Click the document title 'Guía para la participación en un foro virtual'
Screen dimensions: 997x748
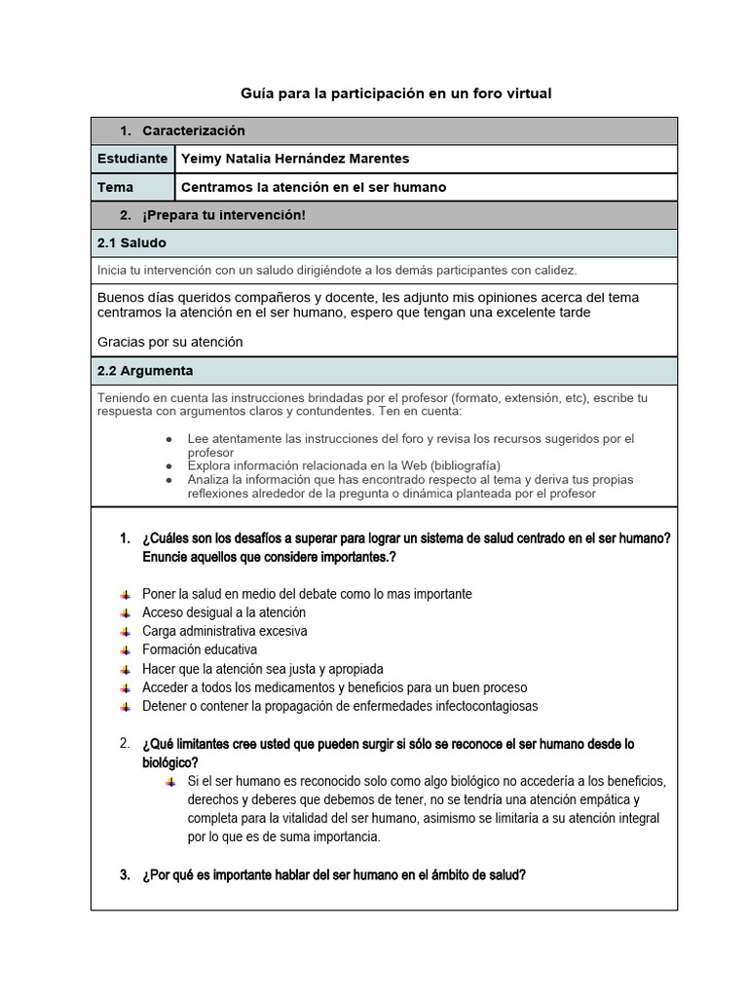[x=395, y=93]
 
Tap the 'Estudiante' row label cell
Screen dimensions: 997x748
[x=132, y=159]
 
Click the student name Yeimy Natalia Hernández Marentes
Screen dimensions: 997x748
[x=295, y=159]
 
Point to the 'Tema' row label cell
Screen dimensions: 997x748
[x=116, y=187]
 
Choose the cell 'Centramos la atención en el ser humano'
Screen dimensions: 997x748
[x=314, y=187]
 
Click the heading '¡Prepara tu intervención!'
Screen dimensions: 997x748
[x=223, y=214]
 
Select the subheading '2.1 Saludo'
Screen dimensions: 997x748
[x=131, y=242]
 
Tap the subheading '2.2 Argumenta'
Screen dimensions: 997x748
[x=145, y=371]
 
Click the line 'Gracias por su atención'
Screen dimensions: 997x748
[x=170, y=342]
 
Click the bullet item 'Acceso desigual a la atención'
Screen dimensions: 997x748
[x=224, y=612]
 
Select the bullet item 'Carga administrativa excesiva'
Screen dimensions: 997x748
[x=225, y=631]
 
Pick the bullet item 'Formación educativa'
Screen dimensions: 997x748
[x=200, y=649]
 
